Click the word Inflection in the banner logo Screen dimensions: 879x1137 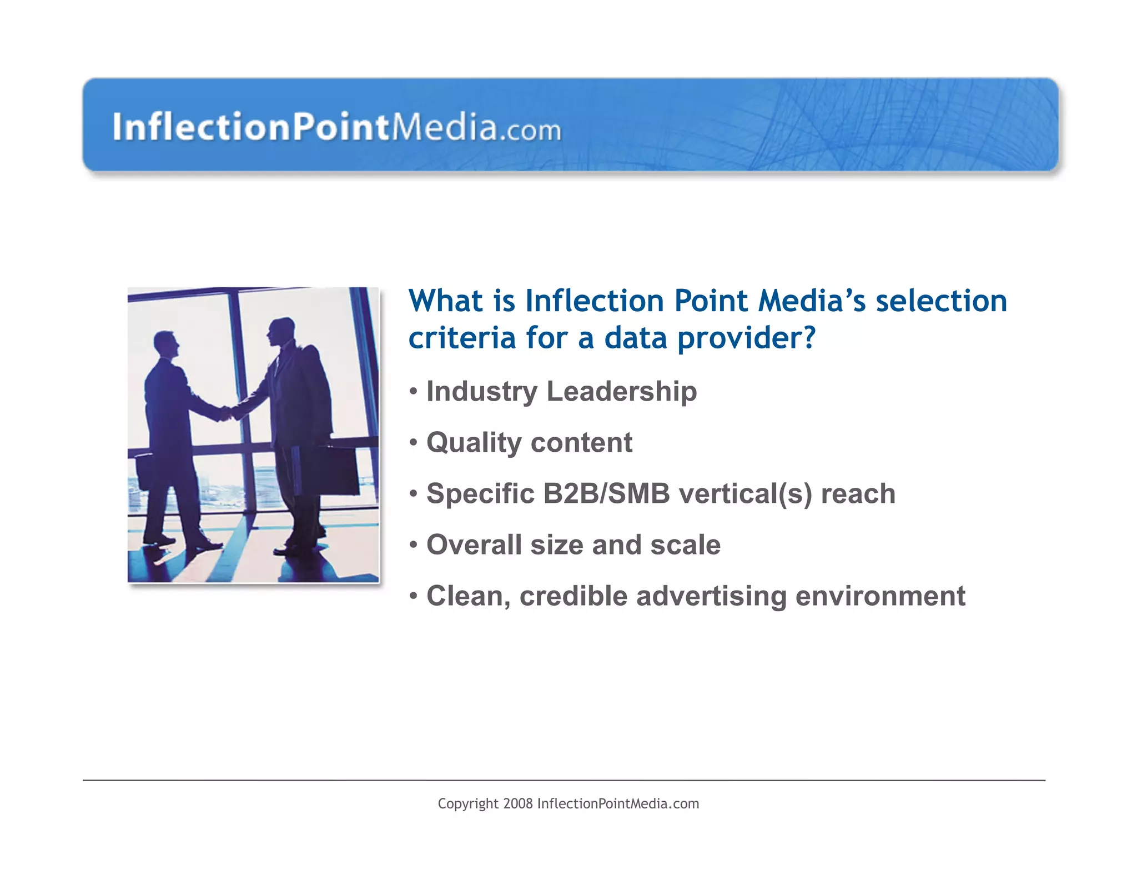202,127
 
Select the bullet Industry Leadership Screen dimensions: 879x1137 561,391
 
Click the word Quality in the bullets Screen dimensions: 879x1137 474,443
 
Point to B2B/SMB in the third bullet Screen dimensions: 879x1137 606,494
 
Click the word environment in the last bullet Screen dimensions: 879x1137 880,596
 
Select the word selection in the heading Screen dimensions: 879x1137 941,301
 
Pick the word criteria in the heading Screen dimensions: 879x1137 462,338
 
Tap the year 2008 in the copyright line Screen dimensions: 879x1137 517,804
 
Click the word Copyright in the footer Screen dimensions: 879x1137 467,804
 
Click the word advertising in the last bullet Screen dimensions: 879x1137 711,596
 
